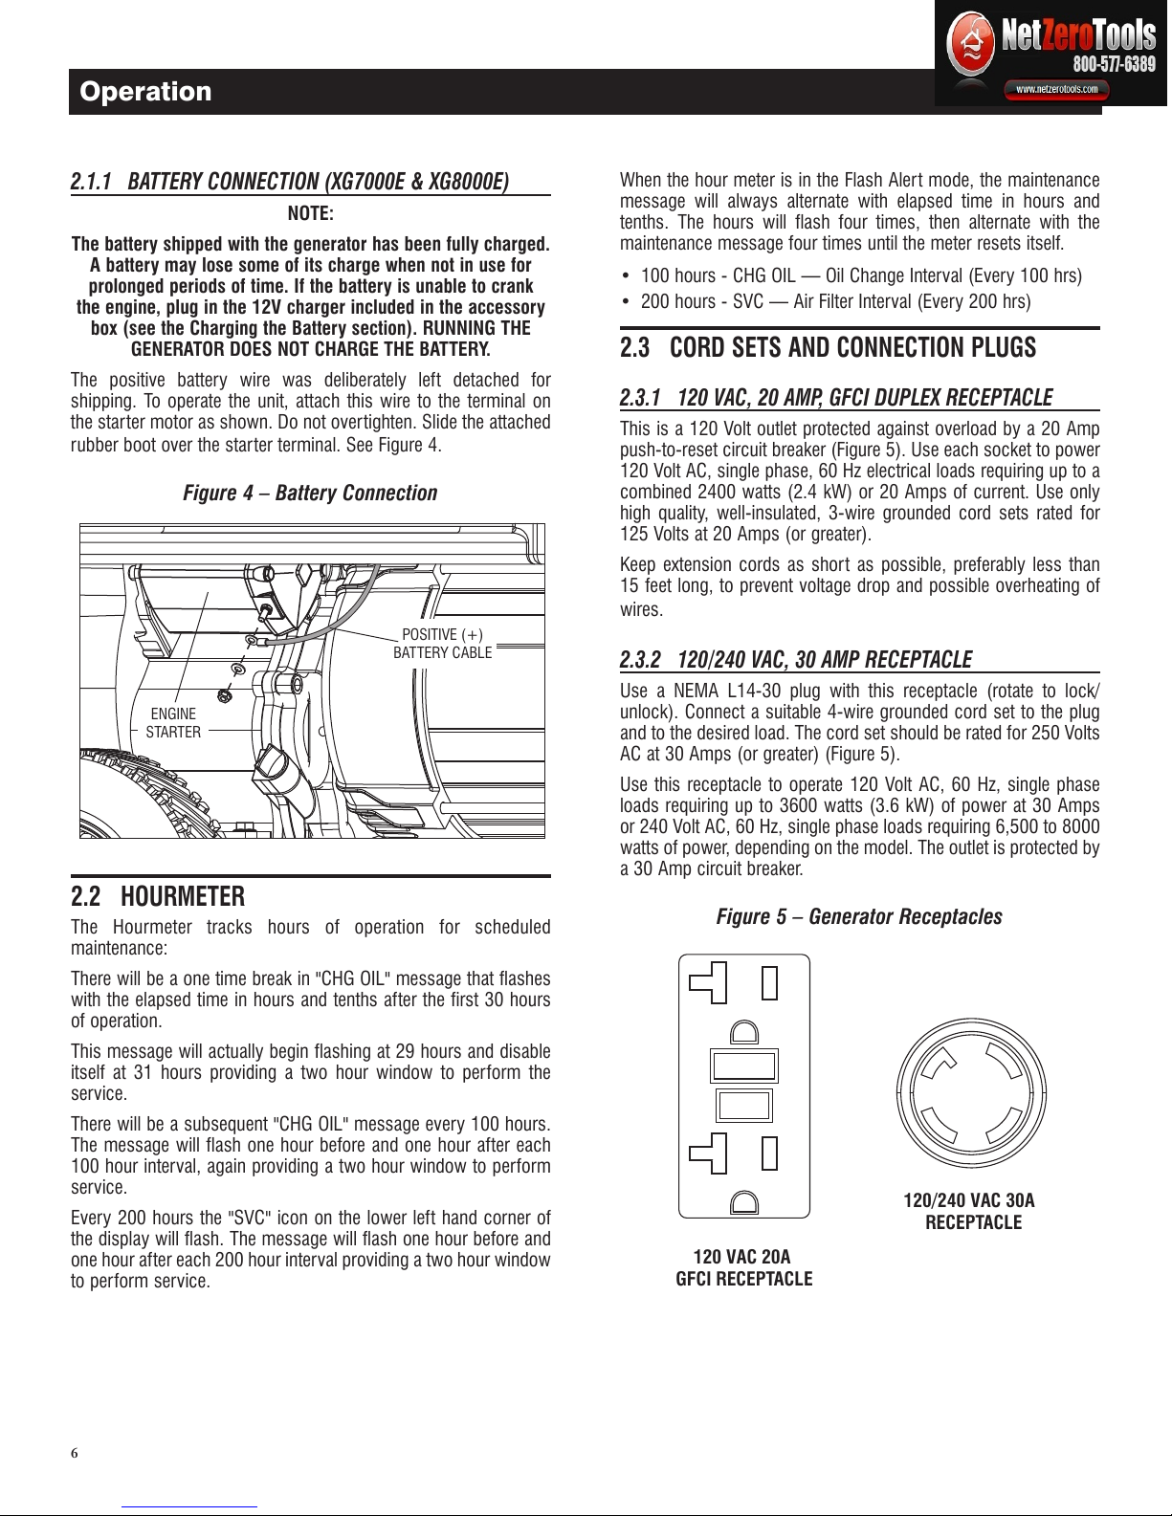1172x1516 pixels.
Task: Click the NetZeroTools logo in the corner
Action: [x=1050, y=53]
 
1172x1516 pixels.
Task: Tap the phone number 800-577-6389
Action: [x=1114, y=64]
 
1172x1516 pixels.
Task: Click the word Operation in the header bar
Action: [x=145, y=92]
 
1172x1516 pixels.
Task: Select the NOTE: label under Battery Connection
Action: [x=310, y=212]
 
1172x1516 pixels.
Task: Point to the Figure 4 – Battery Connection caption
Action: [x=310, y=493]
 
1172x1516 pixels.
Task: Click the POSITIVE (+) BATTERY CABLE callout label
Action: [x=442, y=644]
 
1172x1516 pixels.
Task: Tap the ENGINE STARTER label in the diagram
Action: [x=173, y=723]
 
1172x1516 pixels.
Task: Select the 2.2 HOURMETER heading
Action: [x=158, y=896]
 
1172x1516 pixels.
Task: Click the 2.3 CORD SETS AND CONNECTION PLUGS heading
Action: [x=829, y=347]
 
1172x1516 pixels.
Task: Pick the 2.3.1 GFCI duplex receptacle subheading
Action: [x=836, y=398]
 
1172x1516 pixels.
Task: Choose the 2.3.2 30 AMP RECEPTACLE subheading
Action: [x=796, y=659]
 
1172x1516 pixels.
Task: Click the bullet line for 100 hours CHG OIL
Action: [x=851, y=275]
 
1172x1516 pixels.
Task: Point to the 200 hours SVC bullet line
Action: [x=826, y=301]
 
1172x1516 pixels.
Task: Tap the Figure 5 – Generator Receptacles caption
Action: [x=859, y=916]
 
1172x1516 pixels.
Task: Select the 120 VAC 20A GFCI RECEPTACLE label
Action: [x=743, y=1267]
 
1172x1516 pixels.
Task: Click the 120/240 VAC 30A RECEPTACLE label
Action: [x=970, y=1211]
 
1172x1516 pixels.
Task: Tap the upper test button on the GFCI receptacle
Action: [x=744, y=1066]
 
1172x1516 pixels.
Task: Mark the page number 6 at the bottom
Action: [x=75, y=1453]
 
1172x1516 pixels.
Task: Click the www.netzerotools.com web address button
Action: [x=1056, y=89]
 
